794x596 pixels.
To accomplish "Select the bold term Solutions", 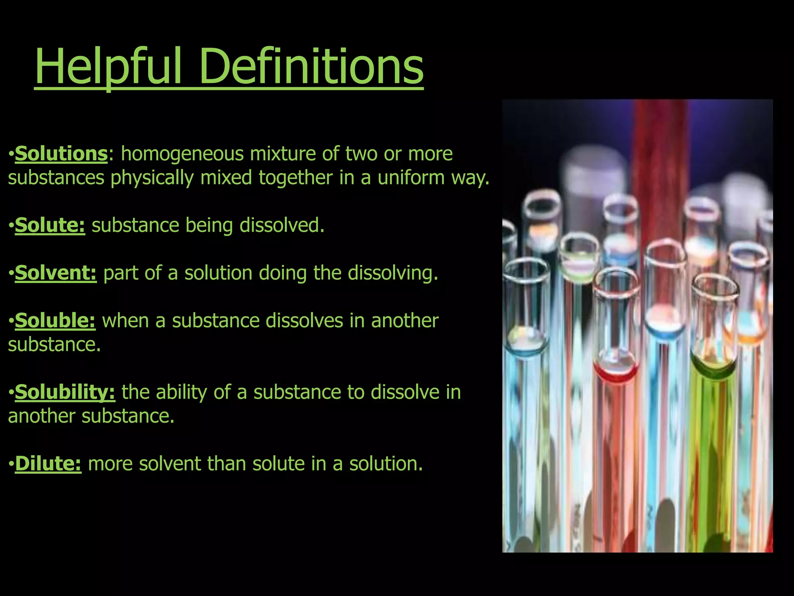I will point(61,154).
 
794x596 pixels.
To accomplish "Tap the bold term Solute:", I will point(50,225).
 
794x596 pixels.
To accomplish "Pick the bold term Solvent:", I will point(55,273).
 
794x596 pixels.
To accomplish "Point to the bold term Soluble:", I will point(55,321).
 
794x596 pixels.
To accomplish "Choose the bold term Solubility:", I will point(65,392).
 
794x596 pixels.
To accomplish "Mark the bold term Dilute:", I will point(48,464).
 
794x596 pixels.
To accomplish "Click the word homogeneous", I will point(182,154).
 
